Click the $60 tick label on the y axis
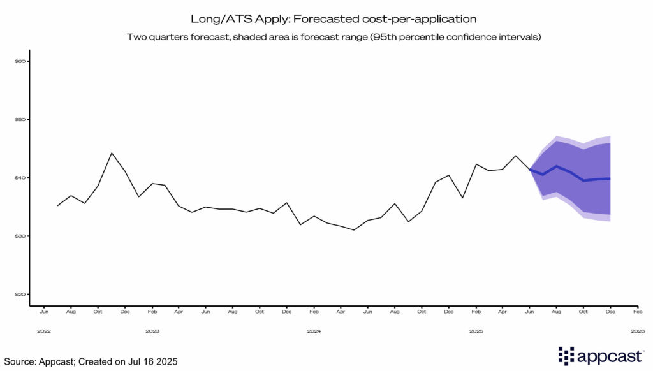[19, 61]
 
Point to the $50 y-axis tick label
[19, 120]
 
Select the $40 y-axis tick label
[19, 178]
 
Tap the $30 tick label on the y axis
[19, 236]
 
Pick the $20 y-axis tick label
[19, 295]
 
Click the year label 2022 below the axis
[44, 331]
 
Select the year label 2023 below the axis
[152, 331]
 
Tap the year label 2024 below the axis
[314, 331]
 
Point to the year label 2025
[476, 331]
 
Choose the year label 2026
[638, 331]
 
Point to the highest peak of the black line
[112, 153]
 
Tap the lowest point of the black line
[353, 230]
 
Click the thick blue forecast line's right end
[610, 178]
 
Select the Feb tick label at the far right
[637, 312]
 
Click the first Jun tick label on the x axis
[44, 312]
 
